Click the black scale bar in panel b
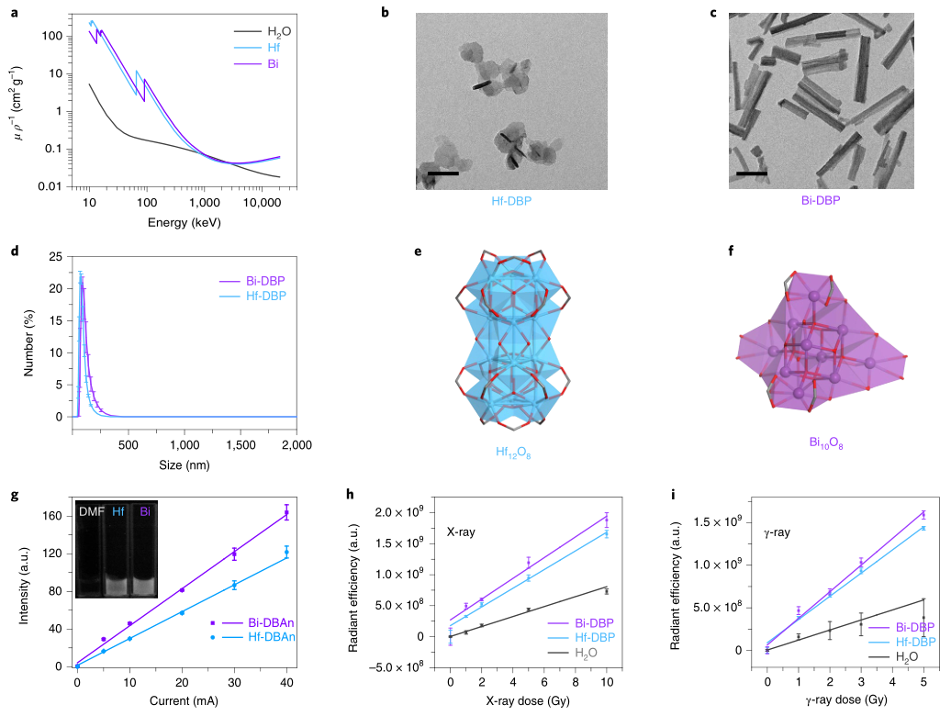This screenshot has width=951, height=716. (442, 172)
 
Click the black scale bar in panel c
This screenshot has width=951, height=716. (752, 172)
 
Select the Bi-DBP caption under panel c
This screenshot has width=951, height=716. (822, 198)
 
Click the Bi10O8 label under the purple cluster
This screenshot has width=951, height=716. (826, 442)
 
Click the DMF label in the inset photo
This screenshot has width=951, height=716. (90, 511)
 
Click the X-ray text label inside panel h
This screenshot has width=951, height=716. (463, 531)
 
